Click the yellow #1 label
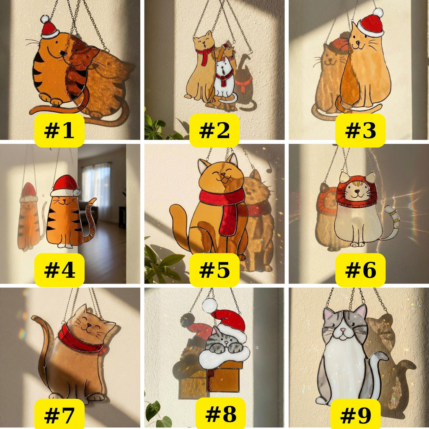click(x=59, y=130)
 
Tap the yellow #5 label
click(x=214, y=270)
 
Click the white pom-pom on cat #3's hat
click(x=378, y=12)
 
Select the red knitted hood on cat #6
click(x=357, y=191)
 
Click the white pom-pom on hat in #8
click(x=209, y=305)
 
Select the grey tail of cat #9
click(x=377, y=369)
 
